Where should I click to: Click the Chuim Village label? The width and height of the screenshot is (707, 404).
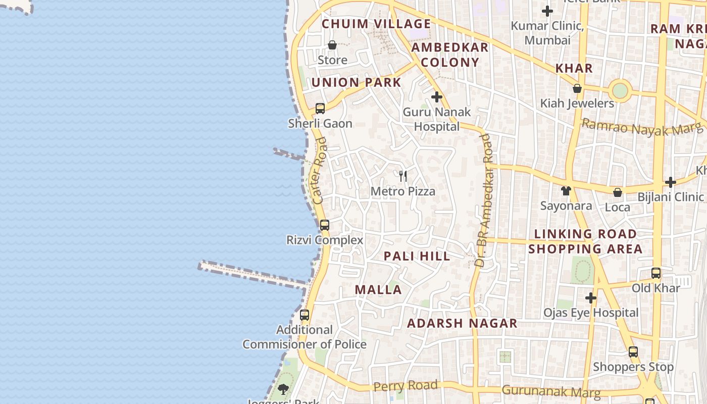click(376, 24)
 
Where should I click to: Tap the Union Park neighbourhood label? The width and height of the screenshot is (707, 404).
click(356, 82)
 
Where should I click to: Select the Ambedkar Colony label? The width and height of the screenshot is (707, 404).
click(449, 55)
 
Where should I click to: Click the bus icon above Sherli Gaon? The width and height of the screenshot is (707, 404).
click(320, 108)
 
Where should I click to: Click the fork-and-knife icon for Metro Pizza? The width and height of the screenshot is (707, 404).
click(403, 176)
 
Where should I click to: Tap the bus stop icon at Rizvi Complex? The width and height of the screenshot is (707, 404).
click(325, 225)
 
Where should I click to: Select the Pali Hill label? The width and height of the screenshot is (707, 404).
click(417, 256)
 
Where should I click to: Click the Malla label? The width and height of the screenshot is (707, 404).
click(378, 290)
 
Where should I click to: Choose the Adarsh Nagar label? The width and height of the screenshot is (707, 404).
click(462, 323)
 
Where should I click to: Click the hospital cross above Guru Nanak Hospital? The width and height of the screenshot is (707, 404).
click(437, 96)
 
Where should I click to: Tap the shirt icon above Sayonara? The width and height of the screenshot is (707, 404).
click(566, 191)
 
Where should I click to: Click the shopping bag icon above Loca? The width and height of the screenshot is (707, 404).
click(617, 192)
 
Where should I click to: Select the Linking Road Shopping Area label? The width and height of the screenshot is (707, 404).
click(585, 241)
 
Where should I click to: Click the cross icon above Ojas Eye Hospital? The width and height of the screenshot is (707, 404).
click(590, 298)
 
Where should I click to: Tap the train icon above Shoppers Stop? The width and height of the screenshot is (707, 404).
click(633, 352)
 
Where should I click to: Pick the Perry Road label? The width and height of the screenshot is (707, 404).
click(406, 386)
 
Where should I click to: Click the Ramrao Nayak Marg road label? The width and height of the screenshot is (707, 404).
click(641, 127)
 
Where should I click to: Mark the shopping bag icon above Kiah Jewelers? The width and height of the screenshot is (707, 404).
click(577, 89)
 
